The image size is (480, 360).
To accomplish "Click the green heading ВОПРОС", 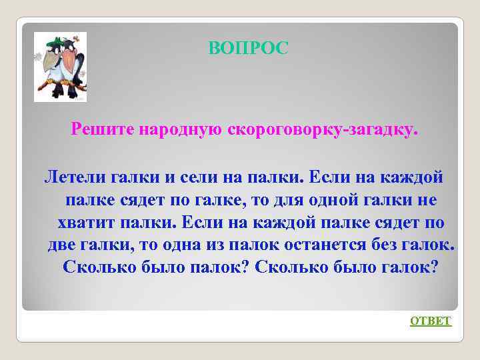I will coord(249,48).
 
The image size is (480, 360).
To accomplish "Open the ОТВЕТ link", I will coord(431,321).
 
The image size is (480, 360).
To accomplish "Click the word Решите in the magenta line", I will coord(103,127).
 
